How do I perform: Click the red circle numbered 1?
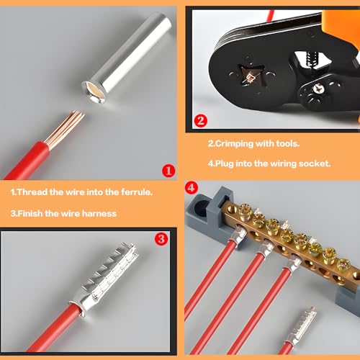pos(168,171)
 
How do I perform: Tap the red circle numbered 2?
pos(200,121)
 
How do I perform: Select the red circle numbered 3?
pos(161,239)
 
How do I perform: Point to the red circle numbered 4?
pos(192,188)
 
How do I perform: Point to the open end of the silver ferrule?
pos(94,91)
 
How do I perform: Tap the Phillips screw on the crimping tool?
pos(318,89)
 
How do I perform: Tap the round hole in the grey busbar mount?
pos(201,207)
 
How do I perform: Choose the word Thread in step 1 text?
pos(32,192)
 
